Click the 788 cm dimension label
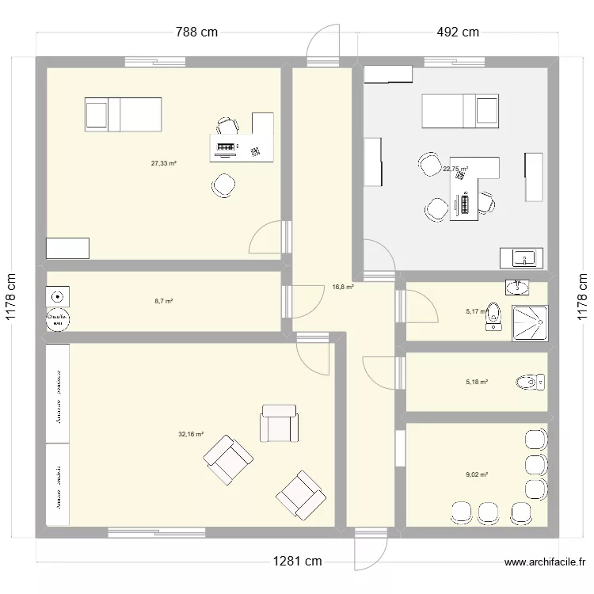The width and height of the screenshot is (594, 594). coord(196,32)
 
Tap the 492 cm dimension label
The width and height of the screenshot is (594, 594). coord(458,32)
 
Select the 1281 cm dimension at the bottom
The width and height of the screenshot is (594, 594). coord(297,562)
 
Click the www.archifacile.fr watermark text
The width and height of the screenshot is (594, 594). coord(544,563)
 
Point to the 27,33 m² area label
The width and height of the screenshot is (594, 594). coord(164,164)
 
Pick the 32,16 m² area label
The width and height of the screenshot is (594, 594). coord(191,434)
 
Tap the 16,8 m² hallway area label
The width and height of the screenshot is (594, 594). coord(342,287)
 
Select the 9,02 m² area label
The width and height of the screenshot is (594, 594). coord(477,475)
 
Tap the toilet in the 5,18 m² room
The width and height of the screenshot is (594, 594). coord(531,383)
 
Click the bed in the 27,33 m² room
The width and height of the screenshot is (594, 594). coord(123,115)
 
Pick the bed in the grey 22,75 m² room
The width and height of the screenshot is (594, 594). coord(460,111)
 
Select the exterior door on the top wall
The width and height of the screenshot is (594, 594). coord(324,46)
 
